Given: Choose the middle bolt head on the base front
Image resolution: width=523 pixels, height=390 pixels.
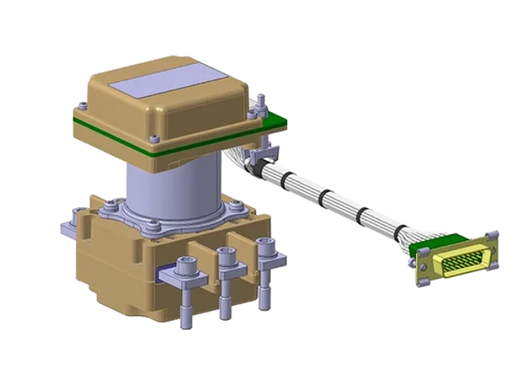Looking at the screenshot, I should point(226,254).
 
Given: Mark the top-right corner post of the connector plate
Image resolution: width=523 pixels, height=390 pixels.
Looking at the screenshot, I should point(494,233).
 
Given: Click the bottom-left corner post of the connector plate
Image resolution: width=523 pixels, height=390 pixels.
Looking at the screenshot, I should point(422,282).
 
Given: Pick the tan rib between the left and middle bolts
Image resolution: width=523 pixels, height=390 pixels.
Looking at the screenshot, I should point(207,264).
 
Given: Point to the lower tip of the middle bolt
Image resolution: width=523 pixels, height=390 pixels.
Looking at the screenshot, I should point(226,310).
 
